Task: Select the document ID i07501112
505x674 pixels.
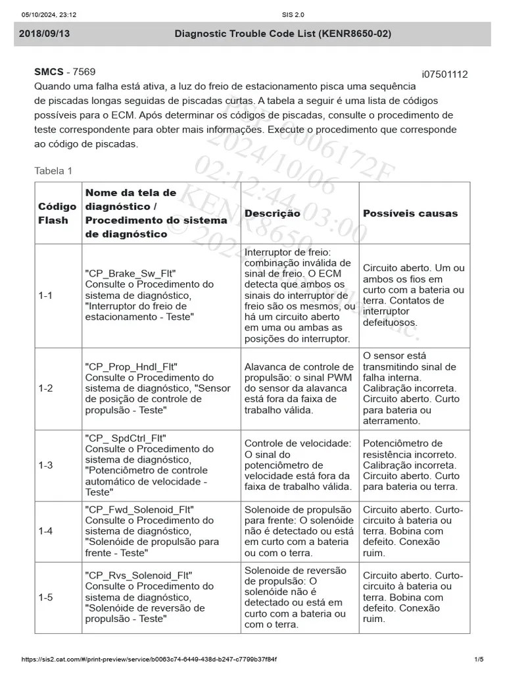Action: (x=445, y=74)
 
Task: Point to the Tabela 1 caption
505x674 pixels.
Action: (x=53, y=171)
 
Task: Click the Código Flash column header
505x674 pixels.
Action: (x=53, y=213)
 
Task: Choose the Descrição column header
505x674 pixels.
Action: (x=272, y=213)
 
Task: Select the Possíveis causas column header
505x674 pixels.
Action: (x=410, y=213)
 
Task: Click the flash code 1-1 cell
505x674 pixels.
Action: (x=45, y=296)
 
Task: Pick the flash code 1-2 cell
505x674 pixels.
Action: (x=45, y=388)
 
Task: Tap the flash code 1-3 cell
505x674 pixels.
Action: (x=45, y=465)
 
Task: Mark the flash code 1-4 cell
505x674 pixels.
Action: (x=45, y=531)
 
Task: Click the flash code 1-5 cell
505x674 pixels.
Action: (x=45, y=598)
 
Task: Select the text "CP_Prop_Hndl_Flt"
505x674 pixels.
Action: (x=132, y=367)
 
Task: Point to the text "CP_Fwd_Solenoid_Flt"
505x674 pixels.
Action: (x=139, y=509)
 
